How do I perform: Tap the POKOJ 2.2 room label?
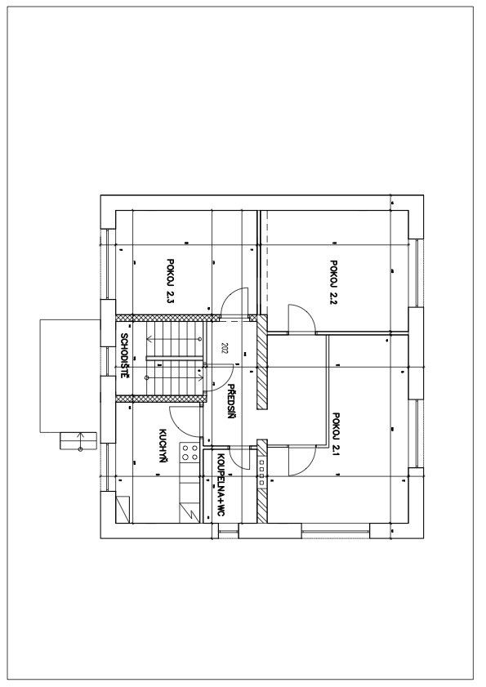[334, 283]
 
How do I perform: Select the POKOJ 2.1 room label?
[337, 435]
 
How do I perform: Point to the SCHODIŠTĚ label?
[124, 355]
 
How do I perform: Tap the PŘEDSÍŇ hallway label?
[232, 400]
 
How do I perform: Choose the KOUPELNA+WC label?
[221, 484]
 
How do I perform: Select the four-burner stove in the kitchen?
[189, 453]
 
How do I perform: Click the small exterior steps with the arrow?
[78, 441]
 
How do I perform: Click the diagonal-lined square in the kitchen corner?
[123, 509]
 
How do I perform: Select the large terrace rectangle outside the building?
[70, 376]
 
